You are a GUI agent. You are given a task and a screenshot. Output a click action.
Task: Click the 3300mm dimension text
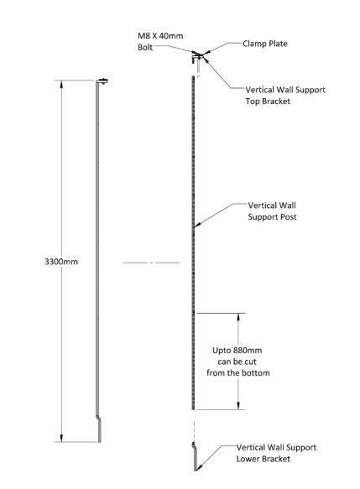point(61,262)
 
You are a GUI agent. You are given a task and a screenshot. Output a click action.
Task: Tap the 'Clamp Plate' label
point(265,44)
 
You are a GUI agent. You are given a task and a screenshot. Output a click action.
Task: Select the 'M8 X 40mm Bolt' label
point(160,41)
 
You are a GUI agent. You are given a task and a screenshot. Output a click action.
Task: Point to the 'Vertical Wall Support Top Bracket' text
point(285,96)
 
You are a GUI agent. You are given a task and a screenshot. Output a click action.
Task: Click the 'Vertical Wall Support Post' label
point(272,211)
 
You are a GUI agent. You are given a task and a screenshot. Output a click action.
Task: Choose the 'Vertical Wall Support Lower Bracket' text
point(276,453)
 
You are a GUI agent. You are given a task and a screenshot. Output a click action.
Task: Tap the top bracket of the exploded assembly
point(196,58)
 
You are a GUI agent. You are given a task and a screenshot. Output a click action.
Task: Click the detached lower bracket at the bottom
point(195,456)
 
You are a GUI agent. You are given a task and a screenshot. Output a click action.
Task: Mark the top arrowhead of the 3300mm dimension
point(61,84)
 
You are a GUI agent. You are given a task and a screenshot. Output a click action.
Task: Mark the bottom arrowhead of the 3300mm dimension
point(61,438)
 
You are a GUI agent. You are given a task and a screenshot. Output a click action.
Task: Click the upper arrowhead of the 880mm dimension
point(238,317)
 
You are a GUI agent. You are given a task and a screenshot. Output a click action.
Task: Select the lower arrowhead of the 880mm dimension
point(238,405)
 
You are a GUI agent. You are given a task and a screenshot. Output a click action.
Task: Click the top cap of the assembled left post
point(102,81)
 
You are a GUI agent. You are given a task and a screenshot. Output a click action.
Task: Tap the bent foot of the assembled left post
point(99,429)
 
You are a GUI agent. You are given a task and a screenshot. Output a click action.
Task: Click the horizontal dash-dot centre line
point(151,263)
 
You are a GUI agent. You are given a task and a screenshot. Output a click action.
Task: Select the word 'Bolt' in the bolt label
point(145,47)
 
